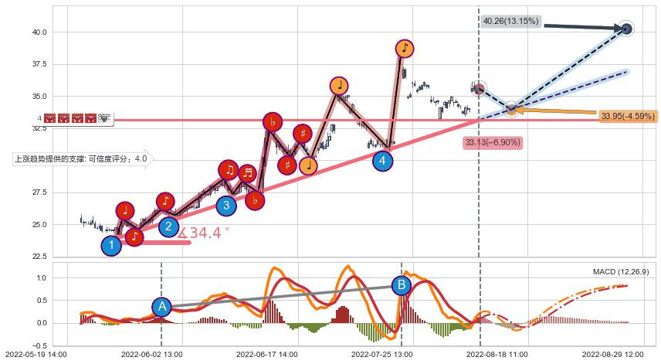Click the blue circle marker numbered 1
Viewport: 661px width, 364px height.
(112, 246)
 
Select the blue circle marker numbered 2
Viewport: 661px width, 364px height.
(169, 226)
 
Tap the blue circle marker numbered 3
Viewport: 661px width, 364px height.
(226, 205)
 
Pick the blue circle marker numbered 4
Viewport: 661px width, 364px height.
(382, 161)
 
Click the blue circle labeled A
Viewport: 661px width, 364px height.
(161, 306)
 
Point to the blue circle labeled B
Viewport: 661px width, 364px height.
(402, 285)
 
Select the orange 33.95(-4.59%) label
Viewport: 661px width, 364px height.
(627, 116)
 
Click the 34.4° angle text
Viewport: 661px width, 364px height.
(205, 233)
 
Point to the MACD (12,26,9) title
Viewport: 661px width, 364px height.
(620, 271)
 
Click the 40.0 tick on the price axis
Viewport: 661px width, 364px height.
(39, 32)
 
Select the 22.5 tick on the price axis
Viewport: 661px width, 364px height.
(39, 257)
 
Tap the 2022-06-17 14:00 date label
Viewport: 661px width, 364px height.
(266, 354)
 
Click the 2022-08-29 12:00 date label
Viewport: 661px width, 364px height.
(612, 354)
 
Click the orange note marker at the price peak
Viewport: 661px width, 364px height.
(405, 49)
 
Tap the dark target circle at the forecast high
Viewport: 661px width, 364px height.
(626, 29)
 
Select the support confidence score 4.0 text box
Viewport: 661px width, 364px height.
(82, 159)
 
